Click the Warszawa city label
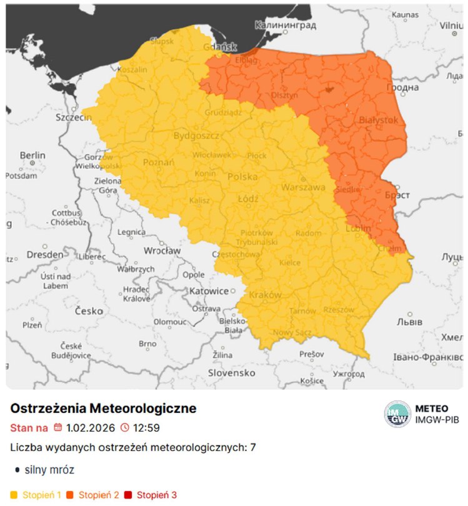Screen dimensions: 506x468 coord(303,187)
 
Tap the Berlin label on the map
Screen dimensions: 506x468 coord(32,155)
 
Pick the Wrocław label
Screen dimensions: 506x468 coord(162,251)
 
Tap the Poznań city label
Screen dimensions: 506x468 coord(159,162)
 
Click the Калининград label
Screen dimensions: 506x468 coord(286,25)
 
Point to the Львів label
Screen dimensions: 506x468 coord(409,321)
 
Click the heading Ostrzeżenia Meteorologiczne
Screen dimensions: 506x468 coord(104,409)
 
